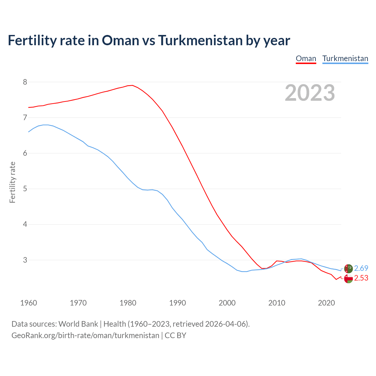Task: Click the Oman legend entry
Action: [x=306, y=58]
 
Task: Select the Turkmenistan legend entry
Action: [x=345, y=58]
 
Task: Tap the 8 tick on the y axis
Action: [x=25, y=82]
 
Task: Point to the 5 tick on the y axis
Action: [x=25, y=189]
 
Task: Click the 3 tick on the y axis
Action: [x=25, y=260]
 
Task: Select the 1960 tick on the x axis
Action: [x=28, y=303]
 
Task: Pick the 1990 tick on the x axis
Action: [x=177, y=303]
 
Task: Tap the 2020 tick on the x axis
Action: [x=326, y=303]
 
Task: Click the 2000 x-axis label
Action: [x=227, y=303]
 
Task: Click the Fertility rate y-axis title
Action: [x=12, y=182]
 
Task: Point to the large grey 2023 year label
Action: [x=310, y=93]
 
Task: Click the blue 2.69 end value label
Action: [x=361, y=268]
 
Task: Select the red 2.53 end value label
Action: [x=361, y=278]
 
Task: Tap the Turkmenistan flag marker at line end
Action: [x=348, y=268]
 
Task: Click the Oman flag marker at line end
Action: [x=348, y=279]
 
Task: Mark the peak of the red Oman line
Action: [x=132, y=85]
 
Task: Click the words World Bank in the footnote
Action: [x=78, y=324]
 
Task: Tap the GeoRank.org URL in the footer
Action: [x=85, y=335]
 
